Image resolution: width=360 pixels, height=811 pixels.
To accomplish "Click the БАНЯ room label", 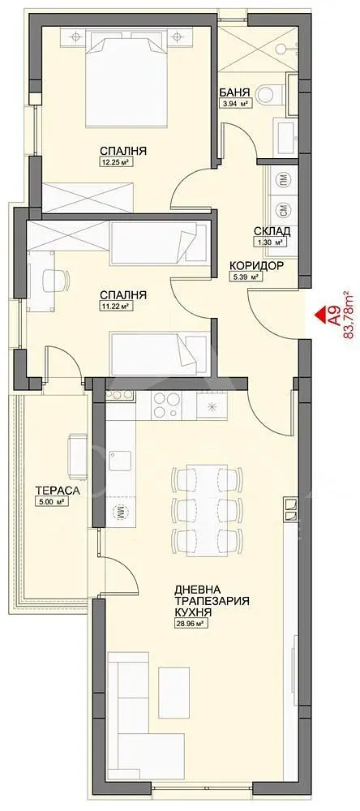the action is coord(235,92).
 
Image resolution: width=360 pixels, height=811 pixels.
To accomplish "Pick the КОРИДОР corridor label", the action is coord(256,266).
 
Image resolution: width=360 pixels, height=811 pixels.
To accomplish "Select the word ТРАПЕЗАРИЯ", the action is coord(212,601).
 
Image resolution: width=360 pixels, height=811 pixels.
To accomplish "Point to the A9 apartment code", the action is coord(335,314).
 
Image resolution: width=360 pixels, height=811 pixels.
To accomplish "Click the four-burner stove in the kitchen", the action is coord(166,404).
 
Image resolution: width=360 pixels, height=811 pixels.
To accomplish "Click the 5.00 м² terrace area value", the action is coord(51,500).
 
